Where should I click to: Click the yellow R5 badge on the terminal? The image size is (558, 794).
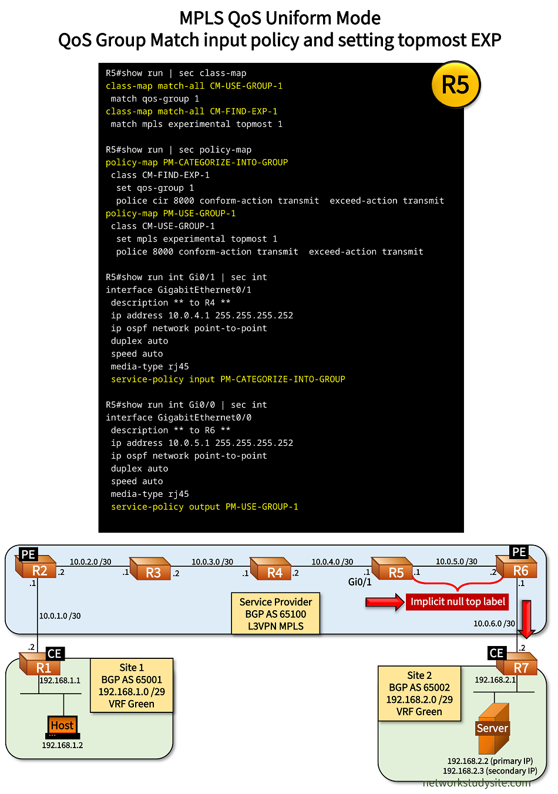[455, 85]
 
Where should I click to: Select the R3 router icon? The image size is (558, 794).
[151, 570]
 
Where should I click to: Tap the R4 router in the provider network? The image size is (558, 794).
[272, 570]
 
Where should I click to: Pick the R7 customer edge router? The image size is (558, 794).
[518, 666]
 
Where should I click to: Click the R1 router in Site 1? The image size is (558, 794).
[41, 666]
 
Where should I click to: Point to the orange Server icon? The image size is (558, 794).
[492, 728]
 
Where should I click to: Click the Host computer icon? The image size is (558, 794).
[62, 727]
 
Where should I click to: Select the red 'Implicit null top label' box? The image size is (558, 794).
[458, 602]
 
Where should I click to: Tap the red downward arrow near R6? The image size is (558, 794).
[526, 619]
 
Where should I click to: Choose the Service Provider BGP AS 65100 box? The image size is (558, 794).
[275, 614]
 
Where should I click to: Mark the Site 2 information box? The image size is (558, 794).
[419, 694]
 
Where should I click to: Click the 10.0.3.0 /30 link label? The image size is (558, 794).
[212, 562]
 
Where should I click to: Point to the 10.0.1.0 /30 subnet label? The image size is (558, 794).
[60, 616]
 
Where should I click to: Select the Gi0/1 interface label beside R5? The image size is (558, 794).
[359, 582]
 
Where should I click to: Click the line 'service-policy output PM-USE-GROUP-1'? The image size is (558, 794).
[204, 507]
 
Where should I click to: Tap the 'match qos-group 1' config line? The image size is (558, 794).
[155, 99]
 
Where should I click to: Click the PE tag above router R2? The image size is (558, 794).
[28, 554]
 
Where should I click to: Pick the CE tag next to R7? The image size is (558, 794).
[496, 653]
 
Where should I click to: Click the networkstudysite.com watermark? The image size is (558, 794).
[476, 783]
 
